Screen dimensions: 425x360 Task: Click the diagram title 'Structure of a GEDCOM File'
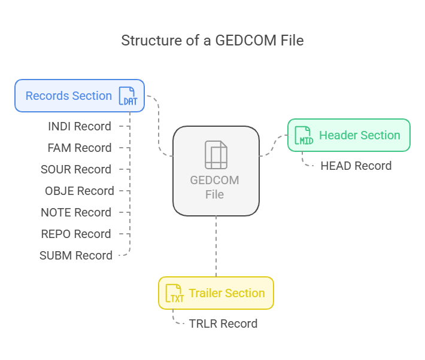[212, 41]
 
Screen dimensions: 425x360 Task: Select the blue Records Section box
[80, 96]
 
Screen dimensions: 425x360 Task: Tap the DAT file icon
[128, 96]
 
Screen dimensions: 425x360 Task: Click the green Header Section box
[349, 135]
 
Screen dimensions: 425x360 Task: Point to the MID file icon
[304, 135]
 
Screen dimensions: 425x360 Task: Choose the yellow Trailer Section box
[216, 293]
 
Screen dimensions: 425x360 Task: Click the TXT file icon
[175, 293]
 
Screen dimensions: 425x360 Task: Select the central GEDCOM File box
[216, 171]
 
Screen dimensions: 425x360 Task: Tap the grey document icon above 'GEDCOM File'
[216, 155]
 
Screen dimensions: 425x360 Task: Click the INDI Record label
[80, 127]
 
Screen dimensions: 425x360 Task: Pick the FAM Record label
[80, 148]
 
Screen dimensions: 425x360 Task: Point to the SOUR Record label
[76, 170]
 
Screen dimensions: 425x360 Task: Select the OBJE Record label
[80, 191]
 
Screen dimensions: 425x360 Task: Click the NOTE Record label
[76, 213]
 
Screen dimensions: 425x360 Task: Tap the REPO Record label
[76, 234]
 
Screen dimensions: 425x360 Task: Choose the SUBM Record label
[76, 256]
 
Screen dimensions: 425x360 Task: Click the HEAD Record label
[356, 166]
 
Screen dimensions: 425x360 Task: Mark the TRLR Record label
[223, 324]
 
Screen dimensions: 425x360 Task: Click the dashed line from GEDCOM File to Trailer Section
[216, 246]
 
